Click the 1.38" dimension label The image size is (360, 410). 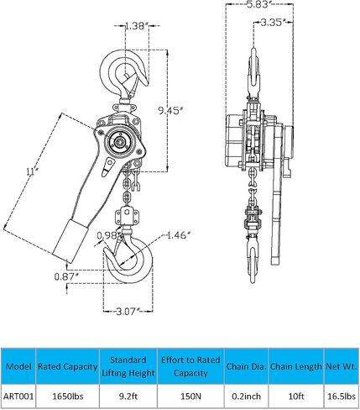(135, 26)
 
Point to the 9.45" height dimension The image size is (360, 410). (170, 111)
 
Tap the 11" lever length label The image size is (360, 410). (32, 171)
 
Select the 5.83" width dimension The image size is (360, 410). (258, 5)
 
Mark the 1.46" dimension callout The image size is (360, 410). (178, 235)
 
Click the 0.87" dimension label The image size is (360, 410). (66, 276)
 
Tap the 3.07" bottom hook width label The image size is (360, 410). (128, 311)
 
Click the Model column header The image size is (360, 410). (18, 366)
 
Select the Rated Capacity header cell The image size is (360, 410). (68, 366)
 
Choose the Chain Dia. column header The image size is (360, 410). (246, 366)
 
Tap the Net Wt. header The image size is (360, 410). (342, 366)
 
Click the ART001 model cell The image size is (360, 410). (18, 397)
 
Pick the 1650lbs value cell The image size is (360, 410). (68, 397)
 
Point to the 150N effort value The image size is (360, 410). (190, 397)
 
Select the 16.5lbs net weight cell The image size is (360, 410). (342, 397)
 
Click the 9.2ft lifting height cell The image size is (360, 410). (128, 397)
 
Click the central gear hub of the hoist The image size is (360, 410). (121, 143)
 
